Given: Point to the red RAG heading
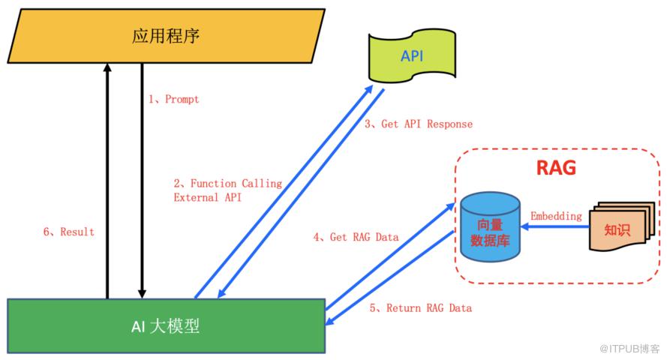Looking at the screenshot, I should click(555, 168).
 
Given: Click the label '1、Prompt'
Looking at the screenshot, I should click(173, 99).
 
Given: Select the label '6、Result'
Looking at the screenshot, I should click(68, 232).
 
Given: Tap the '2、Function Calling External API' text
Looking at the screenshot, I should click(227, 190).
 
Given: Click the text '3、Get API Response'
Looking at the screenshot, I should click(419, 124).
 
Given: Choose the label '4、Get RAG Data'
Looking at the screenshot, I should click(356, 237).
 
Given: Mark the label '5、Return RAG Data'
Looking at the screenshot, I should click(420, 307).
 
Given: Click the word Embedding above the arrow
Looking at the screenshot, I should click(556, 216).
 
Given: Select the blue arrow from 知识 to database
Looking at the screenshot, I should click(556, 228).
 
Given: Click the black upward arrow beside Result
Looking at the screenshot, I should click(107, 180).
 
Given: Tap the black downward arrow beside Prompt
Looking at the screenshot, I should click(142, 180).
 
